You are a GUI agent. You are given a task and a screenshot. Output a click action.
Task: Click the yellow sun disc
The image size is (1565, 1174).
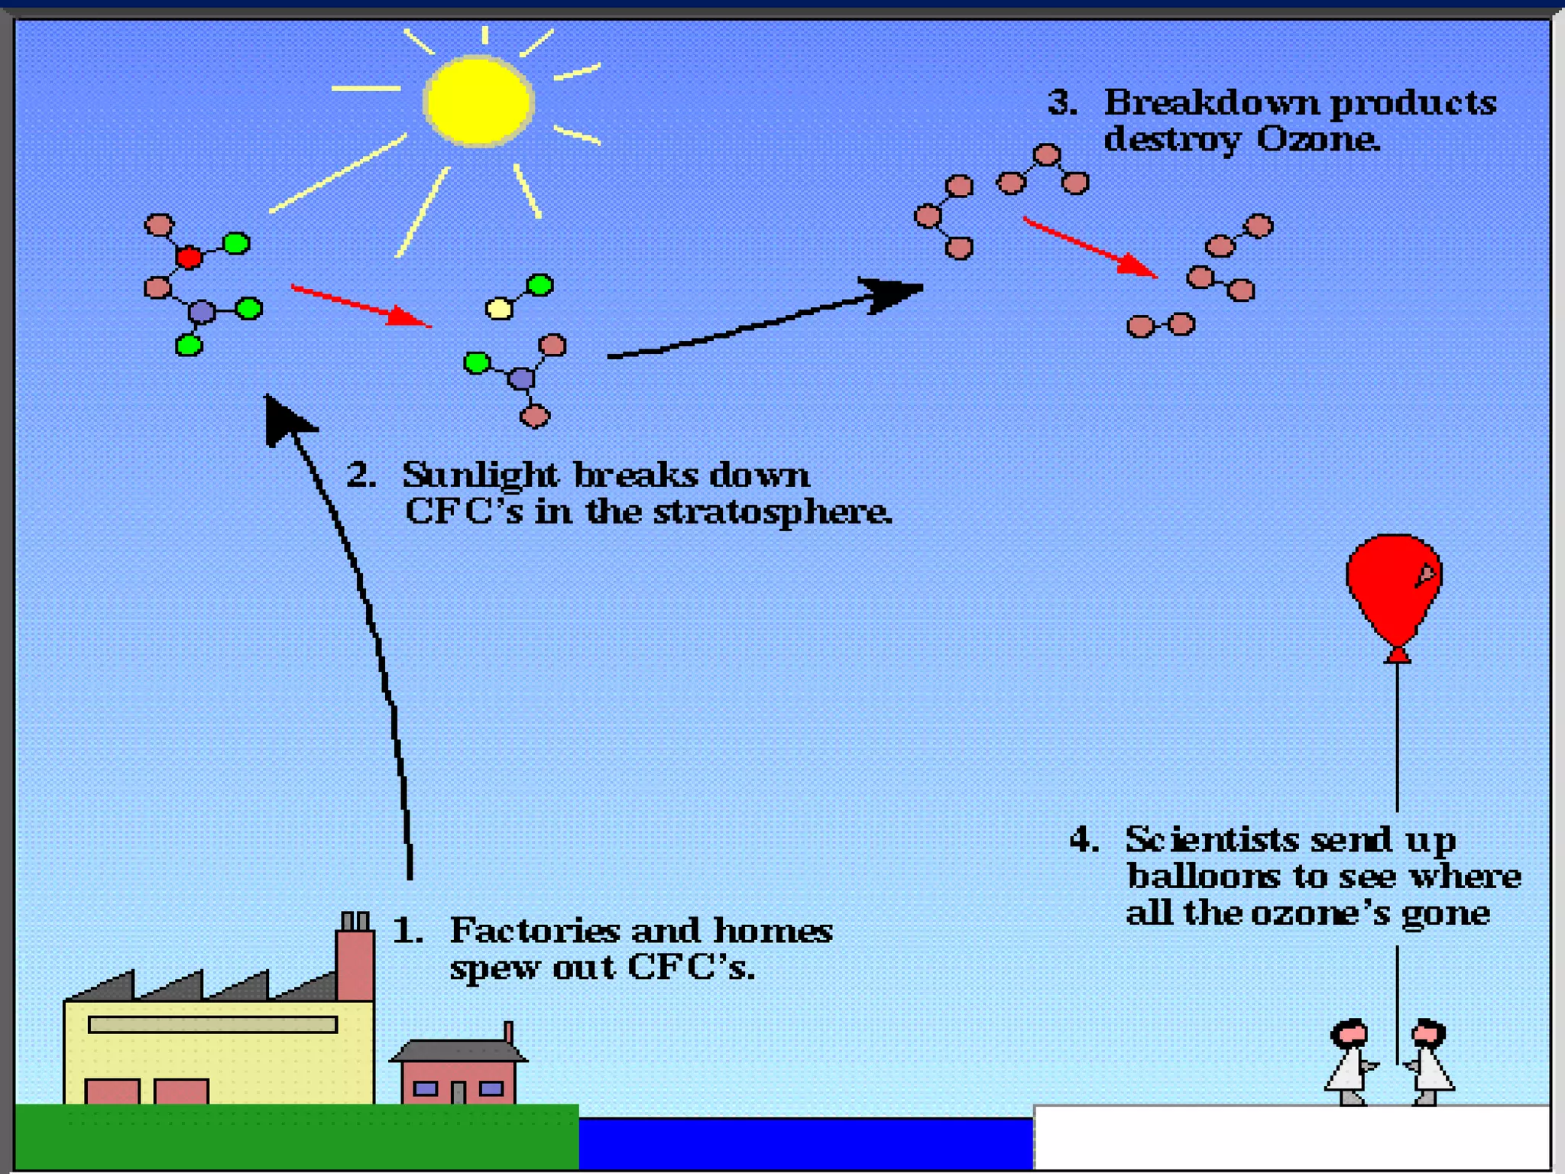(478, 102)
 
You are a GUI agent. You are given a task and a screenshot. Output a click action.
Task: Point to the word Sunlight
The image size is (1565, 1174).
(480, 475)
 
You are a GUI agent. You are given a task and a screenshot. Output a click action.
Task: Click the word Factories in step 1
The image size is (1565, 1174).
(534, 931)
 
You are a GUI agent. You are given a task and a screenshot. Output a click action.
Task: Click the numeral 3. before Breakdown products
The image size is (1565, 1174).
(1061, 103)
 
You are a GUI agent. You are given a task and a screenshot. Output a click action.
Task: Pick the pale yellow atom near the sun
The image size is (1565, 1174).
(499, 309)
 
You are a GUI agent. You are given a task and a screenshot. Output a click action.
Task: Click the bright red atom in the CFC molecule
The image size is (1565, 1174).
(189, 258)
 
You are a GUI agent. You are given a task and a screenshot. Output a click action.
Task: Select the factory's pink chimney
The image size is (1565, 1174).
(355, 963)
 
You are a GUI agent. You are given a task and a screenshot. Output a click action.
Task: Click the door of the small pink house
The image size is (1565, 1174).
(458, 1091)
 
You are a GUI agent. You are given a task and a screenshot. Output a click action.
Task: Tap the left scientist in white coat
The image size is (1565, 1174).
(1350, 1062)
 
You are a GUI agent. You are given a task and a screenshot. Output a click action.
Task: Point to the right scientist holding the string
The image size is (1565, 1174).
(1428, 1062)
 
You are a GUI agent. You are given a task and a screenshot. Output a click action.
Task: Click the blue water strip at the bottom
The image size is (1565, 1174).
(805, 1143)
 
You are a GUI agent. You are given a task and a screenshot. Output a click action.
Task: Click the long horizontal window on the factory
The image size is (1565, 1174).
(212, 1025)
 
